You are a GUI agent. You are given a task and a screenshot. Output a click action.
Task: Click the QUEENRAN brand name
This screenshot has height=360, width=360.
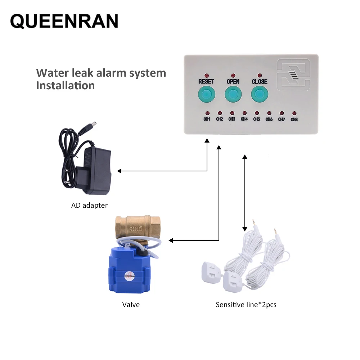click(x=64, y=21)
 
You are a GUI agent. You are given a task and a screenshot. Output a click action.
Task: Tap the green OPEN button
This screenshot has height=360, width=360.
click(x=233, y=94)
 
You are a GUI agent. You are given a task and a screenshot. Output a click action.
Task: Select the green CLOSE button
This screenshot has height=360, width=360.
click(x=259, y=94)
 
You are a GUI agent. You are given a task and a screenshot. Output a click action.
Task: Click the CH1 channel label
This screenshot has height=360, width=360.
click(x=207, y=119)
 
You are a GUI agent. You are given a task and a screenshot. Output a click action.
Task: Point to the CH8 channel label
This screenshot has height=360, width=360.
click(x=294, y=119)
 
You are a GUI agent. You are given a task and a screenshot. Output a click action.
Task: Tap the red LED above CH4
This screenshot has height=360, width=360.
click(x=244, y=113)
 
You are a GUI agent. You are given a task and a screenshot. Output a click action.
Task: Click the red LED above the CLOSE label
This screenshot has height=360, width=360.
click(x=259, y=75)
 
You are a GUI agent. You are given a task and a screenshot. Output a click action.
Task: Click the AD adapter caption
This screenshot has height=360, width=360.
click(x=89, y=206)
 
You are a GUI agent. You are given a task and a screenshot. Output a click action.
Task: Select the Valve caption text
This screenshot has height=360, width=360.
click(x=131, y=305)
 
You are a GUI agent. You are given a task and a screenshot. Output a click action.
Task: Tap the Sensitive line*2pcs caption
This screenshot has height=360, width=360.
click(x=246, y=305)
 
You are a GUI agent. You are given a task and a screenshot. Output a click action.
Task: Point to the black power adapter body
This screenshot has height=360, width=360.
click(x=95, y=169)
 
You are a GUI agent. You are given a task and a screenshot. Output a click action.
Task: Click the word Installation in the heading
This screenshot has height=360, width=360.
click(x=66, y=86)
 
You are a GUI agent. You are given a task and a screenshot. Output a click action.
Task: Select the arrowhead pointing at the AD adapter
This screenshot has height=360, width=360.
click(x=120, y=171)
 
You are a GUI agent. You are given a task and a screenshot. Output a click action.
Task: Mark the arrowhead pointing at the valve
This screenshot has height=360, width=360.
click(x=171, y=240)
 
